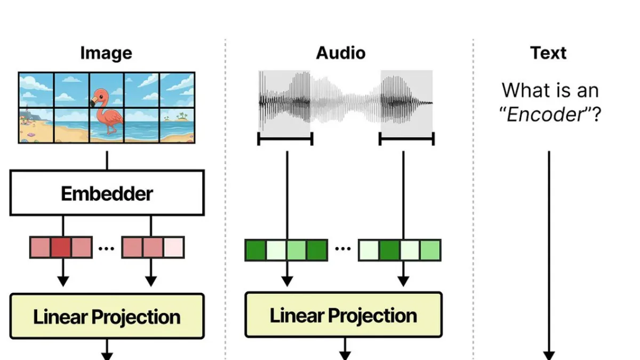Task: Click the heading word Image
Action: click(106, 53)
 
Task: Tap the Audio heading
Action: click(341, 53)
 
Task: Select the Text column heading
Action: click(548, 53)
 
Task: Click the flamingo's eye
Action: click(101, 97)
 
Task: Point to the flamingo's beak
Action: click(93, 101)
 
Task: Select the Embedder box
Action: click(107, 193)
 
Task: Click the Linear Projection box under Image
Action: click(107, 316)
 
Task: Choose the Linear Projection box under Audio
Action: click(343, 315)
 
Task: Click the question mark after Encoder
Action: click(596, 115)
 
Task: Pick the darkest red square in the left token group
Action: click(61, 247)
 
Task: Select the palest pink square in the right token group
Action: click(174, 247)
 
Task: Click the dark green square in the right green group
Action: click(389, 250)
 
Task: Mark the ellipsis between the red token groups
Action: click(106, 249)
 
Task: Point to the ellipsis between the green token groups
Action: click(343, 249)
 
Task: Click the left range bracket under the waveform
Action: click(285, 139)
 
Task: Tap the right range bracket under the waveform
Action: click(406, 139)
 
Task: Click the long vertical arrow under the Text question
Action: click(549, 255)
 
